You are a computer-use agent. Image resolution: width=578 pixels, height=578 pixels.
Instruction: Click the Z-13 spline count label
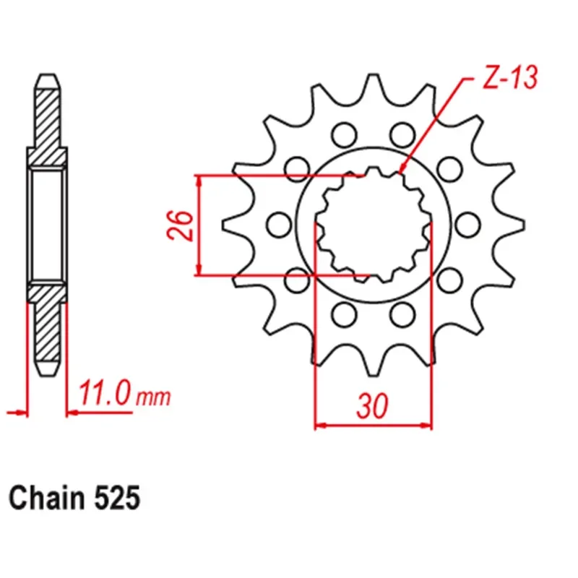pos(509,79)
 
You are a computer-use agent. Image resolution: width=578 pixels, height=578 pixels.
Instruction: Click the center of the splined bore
pos(373,224)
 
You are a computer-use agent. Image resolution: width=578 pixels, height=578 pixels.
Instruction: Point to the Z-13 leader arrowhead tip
pos(401,173)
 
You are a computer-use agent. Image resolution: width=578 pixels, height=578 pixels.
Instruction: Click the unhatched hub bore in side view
pos(47,224)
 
